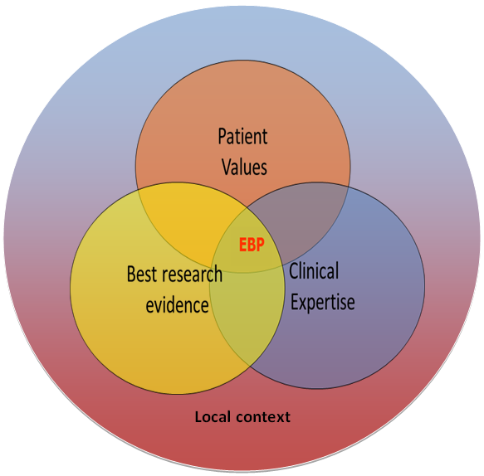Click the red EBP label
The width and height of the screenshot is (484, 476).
252,245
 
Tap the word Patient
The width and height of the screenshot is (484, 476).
242,136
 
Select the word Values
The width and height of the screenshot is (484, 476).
244,167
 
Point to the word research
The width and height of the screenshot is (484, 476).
192,274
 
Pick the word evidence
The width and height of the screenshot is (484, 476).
177,305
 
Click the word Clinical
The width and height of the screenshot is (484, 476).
314,270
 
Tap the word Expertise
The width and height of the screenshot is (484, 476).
323,303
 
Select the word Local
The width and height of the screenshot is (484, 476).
213,417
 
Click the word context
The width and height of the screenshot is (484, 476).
263,417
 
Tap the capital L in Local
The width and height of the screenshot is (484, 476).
198,417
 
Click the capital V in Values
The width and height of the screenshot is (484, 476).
227,167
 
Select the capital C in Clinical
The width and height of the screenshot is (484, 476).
294,270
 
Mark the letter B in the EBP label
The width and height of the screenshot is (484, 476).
252,245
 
